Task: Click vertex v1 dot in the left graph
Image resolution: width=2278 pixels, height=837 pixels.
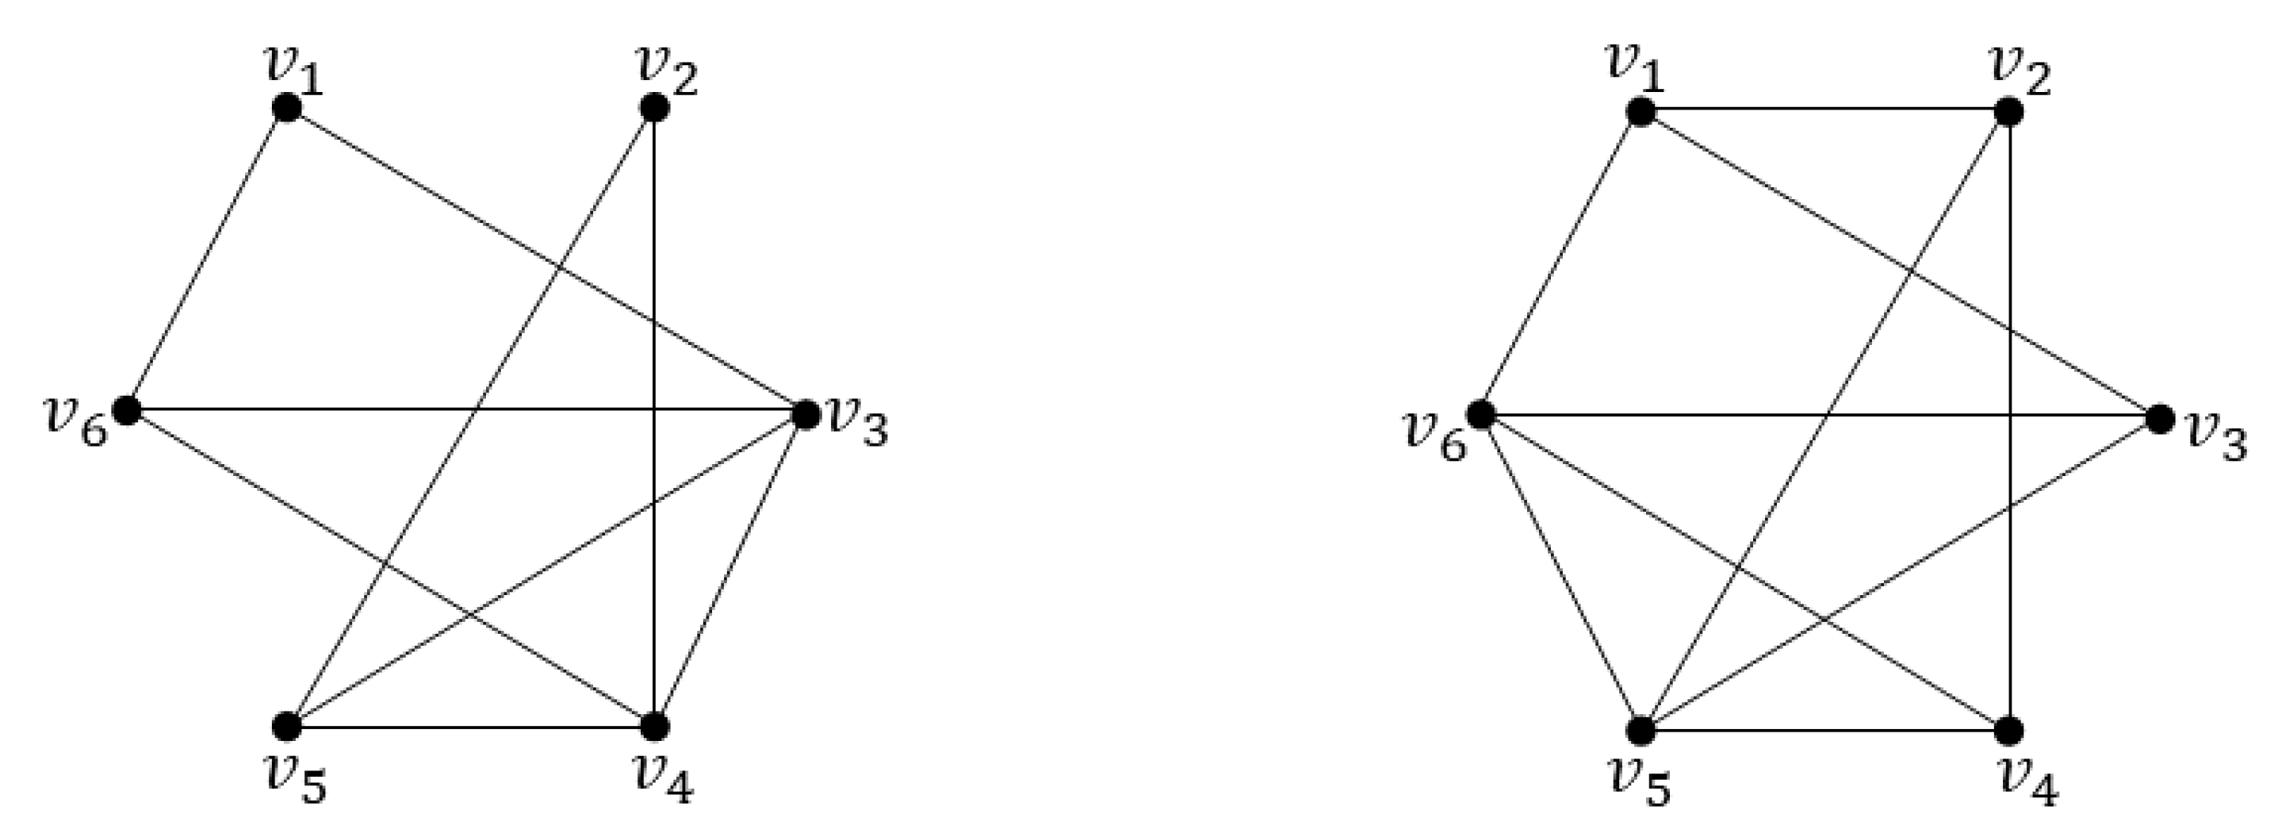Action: [286, 108]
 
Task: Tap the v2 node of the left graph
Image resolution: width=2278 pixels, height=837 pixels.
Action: [653, 108]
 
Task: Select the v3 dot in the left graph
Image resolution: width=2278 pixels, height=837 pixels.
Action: [805, 413]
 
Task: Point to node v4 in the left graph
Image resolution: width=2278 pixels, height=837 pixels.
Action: [653, 727]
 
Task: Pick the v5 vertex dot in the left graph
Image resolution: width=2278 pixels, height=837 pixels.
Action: [286, 727]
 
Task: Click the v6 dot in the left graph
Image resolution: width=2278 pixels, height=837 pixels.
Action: [128, 409]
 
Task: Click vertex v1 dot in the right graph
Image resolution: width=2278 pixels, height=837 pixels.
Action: [1641, 113]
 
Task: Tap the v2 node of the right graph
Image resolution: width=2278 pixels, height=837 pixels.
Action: [2009, 113]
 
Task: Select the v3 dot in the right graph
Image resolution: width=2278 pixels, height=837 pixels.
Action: [2161, 419]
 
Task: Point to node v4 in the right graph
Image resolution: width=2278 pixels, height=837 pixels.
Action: [2009, 731]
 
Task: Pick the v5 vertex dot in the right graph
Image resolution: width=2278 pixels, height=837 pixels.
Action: [1641, 731]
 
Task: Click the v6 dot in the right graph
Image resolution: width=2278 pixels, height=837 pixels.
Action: [1480, 413]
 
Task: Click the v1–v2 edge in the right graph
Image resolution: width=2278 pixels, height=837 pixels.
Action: [1824, 109]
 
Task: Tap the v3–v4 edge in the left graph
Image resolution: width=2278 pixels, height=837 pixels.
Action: [729, 570]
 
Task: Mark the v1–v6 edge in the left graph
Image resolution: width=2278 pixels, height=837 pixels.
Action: [207, 259]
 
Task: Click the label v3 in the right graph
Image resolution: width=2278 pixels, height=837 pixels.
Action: [2216, 436]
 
